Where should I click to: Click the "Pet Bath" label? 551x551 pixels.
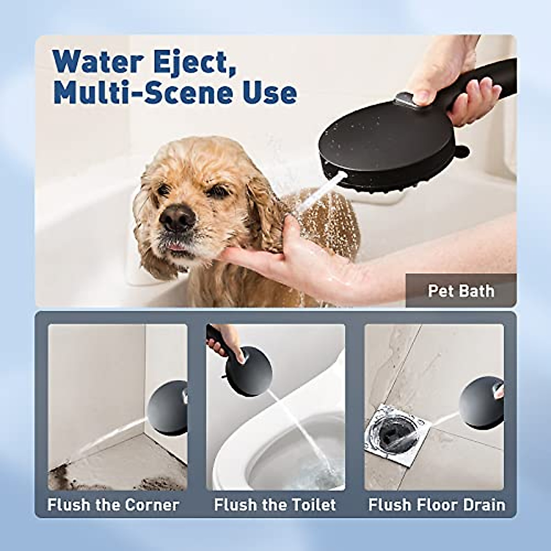coord(461,291)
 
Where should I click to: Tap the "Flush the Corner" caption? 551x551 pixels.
coord(113,505)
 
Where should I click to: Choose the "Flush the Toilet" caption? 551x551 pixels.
coord(275,505)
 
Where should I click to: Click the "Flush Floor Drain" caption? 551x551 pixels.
coord(437,505)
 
